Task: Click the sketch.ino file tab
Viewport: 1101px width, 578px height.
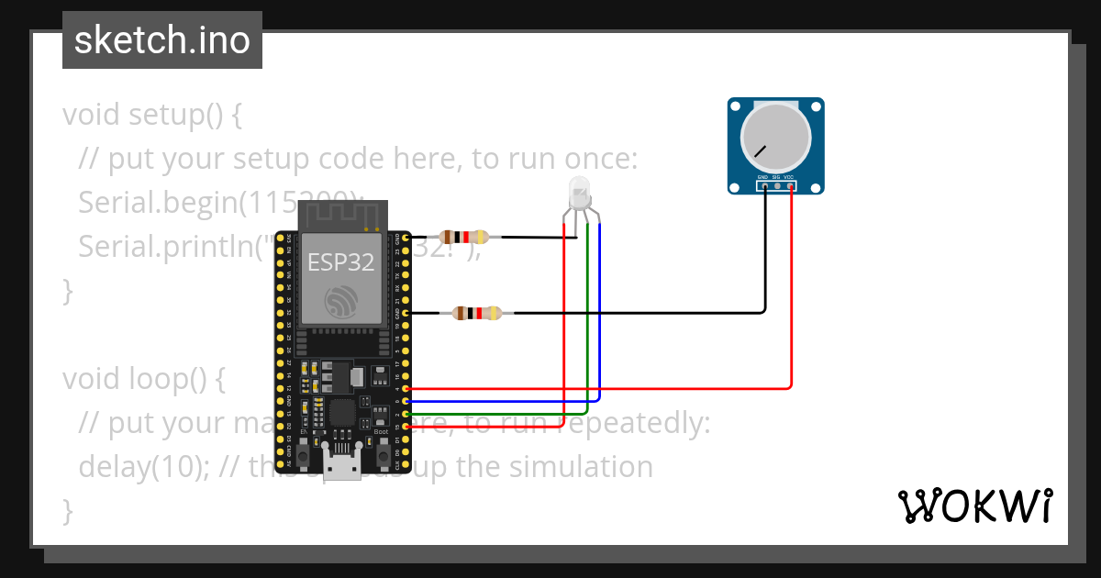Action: point(161,40)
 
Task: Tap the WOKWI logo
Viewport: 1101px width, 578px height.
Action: point(974,506)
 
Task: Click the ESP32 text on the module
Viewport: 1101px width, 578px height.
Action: point(340,262)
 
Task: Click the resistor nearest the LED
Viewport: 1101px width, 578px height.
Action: point(464,236)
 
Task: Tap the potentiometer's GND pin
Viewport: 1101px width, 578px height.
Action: point(763,186)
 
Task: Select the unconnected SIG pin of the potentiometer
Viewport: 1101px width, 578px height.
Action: point(777,186)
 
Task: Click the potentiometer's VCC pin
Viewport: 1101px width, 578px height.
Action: point(790,186)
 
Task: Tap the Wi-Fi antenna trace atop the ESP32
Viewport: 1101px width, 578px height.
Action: point(340,217)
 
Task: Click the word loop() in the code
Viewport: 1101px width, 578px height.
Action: point(174,379)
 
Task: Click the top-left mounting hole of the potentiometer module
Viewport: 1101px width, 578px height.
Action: point(736,106)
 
